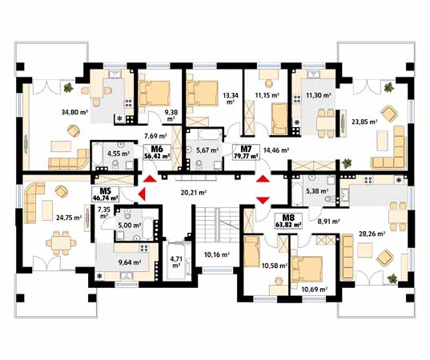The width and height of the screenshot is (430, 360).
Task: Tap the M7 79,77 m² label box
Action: [x=246, y=152]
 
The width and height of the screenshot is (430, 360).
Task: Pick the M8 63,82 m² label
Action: [x=288, y=221]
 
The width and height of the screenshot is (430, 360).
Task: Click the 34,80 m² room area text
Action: [x=74, y=112]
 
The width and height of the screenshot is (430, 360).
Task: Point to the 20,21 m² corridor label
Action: [x=194, y=192]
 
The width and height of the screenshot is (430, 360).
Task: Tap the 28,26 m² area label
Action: [x=372, y=234]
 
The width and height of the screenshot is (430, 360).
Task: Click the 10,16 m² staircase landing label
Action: [x=217, y=254]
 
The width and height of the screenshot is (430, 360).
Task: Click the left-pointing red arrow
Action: [x=142, y=194]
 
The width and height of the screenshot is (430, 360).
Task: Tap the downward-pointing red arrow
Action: [x=263, y=200]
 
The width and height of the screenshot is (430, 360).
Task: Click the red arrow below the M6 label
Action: [x=150, y=179]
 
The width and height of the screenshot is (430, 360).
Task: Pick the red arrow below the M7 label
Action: [x=263, y=179]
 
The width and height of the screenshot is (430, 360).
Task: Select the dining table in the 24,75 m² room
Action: [x=61, y=243]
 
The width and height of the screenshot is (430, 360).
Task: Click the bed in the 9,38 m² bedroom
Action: [x=154, y=94]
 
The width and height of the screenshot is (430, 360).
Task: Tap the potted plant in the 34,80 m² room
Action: [x=68, y=88]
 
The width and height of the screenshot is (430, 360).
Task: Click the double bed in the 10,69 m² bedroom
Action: [x=307, y=270]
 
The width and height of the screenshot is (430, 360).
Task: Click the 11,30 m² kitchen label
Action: [x=319, y=95]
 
